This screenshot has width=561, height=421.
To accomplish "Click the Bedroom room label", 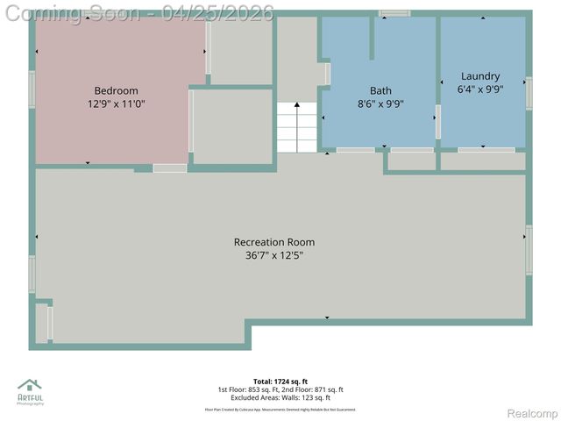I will [x=116, y=90].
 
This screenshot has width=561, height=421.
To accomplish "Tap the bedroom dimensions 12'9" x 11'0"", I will [x=116, y=103].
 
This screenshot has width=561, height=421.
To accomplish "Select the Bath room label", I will [x=380, y=90].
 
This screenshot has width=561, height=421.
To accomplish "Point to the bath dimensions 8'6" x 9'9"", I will [x=380, y=103].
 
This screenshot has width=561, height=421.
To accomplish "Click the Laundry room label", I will [x=480, y=76].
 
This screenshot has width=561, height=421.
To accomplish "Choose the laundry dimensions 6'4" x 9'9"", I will [x=480, y=89].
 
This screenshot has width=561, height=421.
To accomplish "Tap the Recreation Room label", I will [x=273, y=242].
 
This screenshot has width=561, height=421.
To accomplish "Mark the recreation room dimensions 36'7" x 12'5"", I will [x=273, y=256].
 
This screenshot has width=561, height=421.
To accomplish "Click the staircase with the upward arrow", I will [x=297, y=125].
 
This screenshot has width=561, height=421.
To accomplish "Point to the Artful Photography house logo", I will [x=30, y=387].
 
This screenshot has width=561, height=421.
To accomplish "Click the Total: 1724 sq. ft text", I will [x=280, y=382].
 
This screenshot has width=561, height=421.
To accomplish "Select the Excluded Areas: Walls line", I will [x=280, y=397].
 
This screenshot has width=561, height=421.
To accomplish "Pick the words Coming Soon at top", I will [x=75, y=13].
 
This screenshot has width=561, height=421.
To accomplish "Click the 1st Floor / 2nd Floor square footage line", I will [x=280, y=389].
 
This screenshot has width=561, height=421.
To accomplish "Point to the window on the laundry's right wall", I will [x=529, y=93].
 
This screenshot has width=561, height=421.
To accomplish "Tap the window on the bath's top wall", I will [x=394, y=13].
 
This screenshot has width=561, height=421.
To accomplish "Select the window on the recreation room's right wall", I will [x=529, y=249].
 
